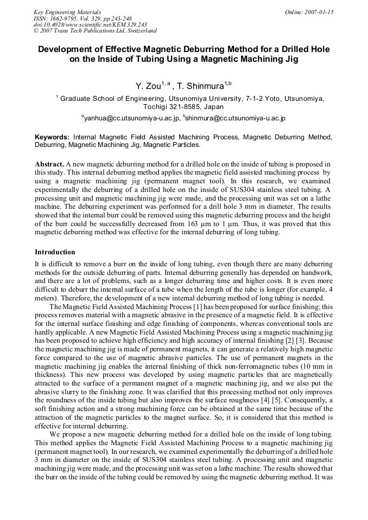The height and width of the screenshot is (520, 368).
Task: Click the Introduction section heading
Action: coord(55,252)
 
